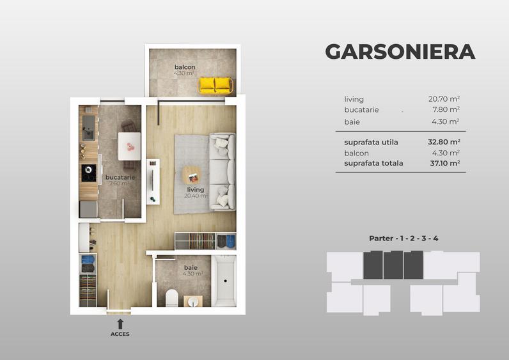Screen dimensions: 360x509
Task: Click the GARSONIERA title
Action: coord(400,52)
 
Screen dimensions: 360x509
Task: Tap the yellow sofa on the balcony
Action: coord(215,85)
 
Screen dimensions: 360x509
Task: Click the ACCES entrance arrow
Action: coord(120,324)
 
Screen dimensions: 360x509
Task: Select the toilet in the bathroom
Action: coord(171,297)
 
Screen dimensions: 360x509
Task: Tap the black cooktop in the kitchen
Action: coord(88,173)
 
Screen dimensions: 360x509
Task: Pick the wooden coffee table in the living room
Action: coord(191,175)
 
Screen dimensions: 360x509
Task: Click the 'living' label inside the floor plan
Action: coord(195,189)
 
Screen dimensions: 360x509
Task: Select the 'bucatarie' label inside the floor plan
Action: coord(119,176)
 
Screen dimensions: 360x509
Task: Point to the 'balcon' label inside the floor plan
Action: coord(185,67)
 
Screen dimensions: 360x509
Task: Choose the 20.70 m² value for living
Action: coord(444,99)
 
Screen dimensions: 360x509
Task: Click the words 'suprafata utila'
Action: coord(373,142)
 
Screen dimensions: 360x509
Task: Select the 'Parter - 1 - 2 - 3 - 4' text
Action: coord(403,239)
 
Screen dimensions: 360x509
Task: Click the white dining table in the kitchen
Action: coord(130,146)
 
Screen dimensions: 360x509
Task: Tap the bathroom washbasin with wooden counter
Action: coord(192,301)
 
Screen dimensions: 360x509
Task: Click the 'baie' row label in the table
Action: coord(352,121)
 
